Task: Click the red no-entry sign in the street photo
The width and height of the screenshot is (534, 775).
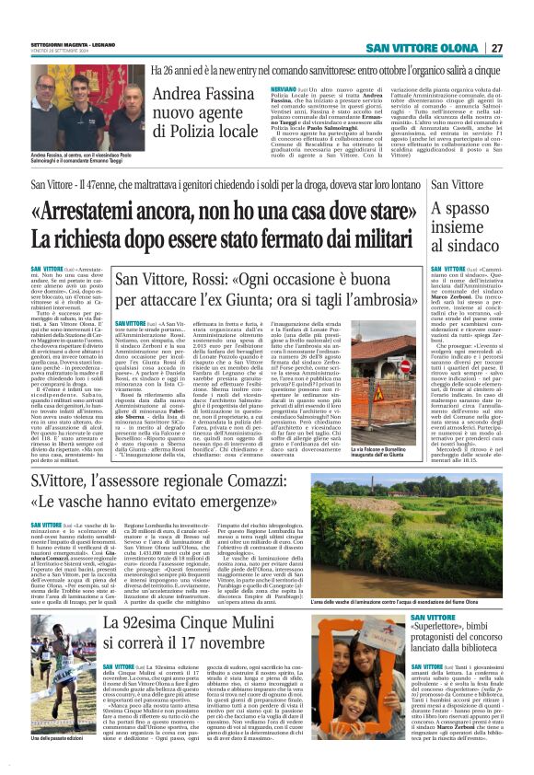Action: [x=377, y=366]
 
